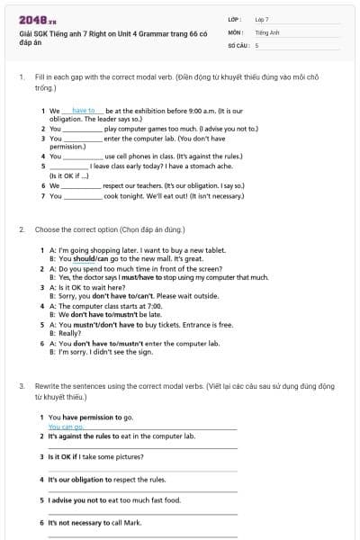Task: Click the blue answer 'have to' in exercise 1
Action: click(x=83, y=111)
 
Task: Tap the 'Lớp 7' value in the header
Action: click(x=262, y=19)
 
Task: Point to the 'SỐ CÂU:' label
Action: click(x=238, y=44)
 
